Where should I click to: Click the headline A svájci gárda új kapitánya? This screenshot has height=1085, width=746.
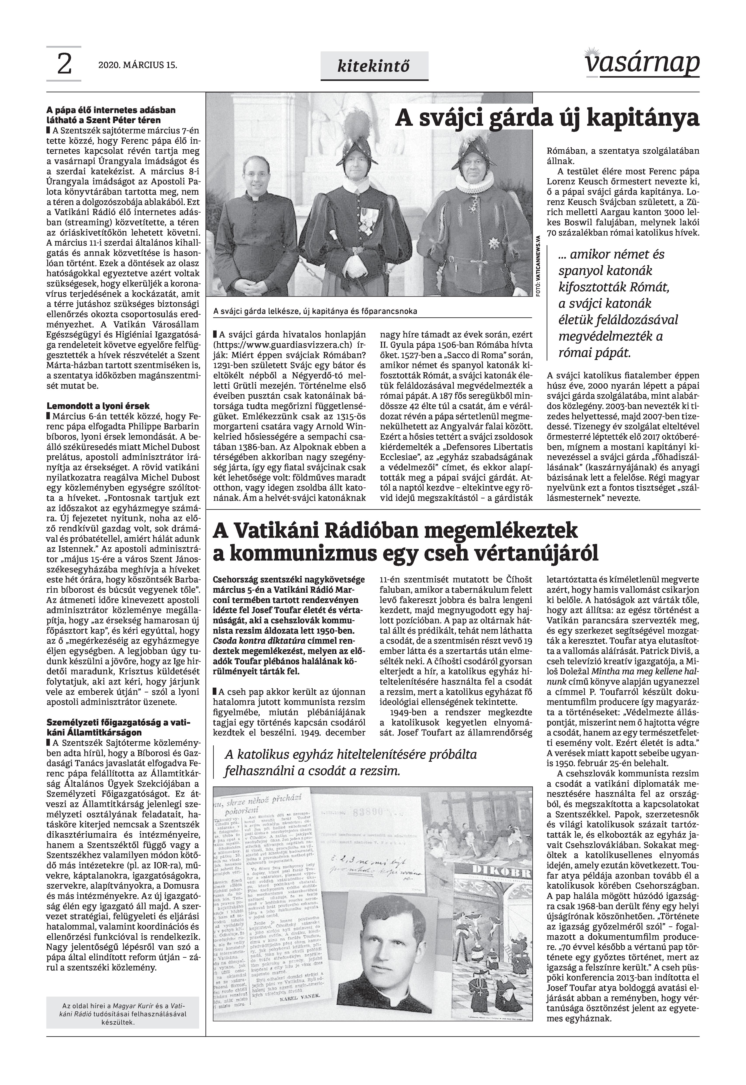[547, 119]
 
